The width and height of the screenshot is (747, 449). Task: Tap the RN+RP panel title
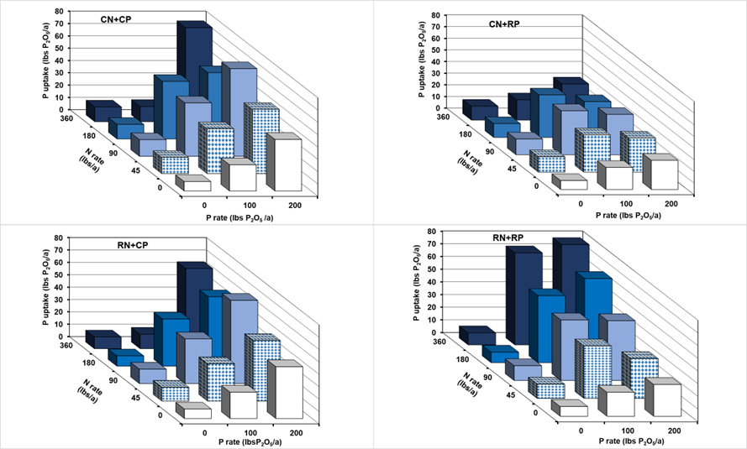tap(509, 238)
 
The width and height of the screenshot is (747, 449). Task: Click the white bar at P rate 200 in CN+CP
tap(287, 164)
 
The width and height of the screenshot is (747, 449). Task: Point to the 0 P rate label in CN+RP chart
tap(580, 202)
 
